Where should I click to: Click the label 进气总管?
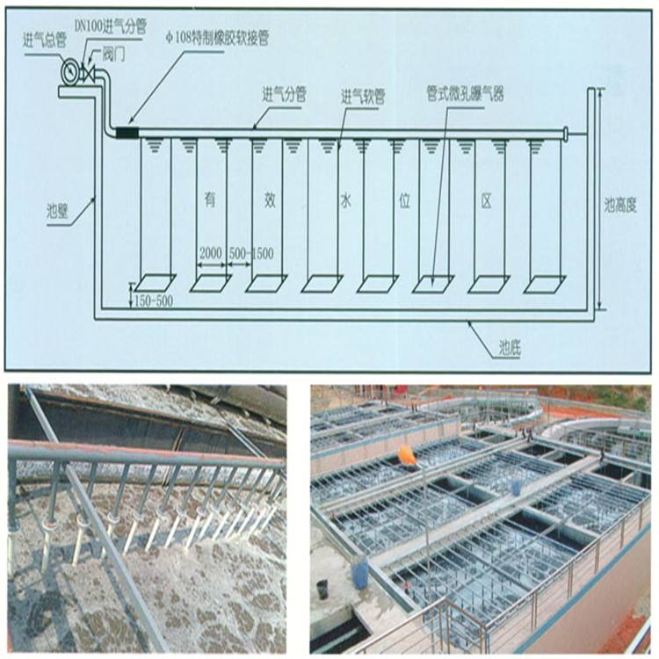[45, 41]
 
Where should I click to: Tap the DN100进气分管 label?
[110, 26]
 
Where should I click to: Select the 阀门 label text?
[113, 55]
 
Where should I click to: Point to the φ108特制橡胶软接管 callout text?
[217, 39]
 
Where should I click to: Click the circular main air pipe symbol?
[69, 71]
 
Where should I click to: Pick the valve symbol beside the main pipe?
[88, 73]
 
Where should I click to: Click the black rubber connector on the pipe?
[127, 132]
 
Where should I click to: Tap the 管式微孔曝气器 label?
[465, 94]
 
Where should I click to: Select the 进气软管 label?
[363, 98]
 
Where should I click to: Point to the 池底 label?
[510, 349]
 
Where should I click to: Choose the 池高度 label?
[620, 206]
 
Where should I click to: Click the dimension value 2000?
[211, 254]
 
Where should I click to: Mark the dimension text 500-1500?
[251, 254]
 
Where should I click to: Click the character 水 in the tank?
[345, 202]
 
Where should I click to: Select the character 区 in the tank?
[486, 202]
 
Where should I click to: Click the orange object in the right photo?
[407, 455]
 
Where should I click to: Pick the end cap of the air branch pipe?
[566, 134]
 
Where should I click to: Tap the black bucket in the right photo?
[323, 590]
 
